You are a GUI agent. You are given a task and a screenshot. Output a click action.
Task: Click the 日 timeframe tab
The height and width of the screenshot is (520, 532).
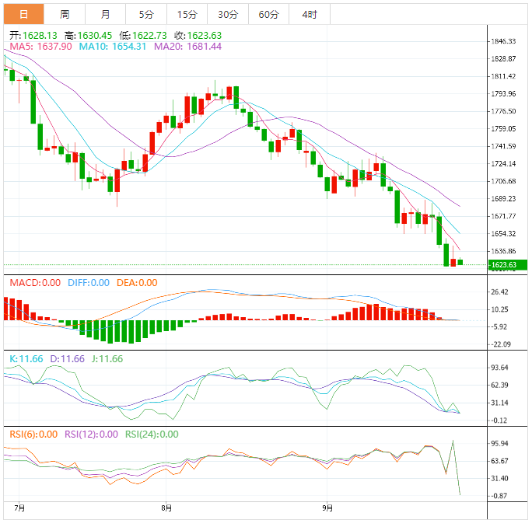[23, 14]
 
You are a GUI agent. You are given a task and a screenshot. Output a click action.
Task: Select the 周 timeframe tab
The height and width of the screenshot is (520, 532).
[65, 14]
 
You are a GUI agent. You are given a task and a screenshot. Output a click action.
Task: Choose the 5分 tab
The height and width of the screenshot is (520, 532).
[146, 14]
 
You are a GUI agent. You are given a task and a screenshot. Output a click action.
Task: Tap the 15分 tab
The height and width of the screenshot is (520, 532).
[187, 14]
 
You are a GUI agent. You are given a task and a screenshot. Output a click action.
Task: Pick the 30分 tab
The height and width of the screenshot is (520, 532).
[228, 14]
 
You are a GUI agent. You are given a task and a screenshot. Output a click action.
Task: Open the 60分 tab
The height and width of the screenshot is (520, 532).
[268, 14]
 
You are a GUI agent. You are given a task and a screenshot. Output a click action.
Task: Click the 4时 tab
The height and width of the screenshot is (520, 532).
[309, 14]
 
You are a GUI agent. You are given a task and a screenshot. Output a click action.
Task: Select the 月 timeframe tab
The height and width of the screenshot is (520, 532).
[105, 14]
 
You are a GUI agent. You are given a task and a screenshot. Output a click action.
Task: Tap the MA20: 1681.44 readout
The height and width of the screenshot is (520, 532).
[187, 47]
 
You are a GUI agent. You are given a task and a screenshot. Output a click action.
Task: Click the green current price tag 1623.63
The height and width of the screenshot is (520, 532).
[508, 265]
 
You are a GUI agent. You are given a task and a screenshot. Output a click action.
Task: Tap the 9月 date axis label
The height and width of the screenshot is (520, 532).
[328, 508]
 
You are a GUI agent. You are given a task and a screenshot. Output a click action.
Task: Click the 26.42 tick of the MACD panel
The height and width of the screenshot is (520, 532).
[500, 292]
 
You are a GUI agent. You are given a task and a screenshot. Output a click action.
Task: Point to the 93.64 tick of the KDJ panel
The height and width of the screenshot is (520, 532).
[500, 368]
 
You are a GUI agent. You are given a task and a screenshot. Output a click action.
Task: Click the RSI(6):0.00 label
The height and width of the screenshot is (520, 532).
[33, 434]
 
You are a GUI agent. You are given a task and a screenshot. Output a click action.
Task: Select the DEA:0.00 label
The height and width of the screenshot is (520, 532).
[137, 283]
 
